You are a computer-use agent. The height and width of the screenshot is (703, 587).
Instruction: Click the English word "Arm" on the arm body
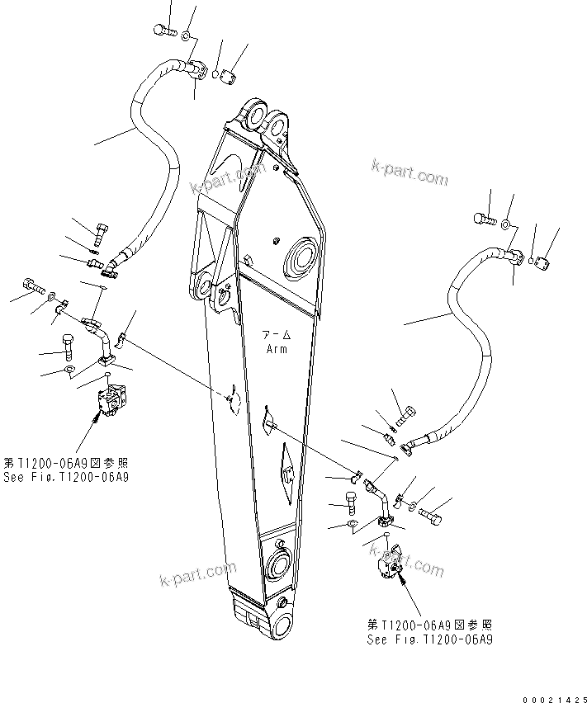point(276,349)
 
